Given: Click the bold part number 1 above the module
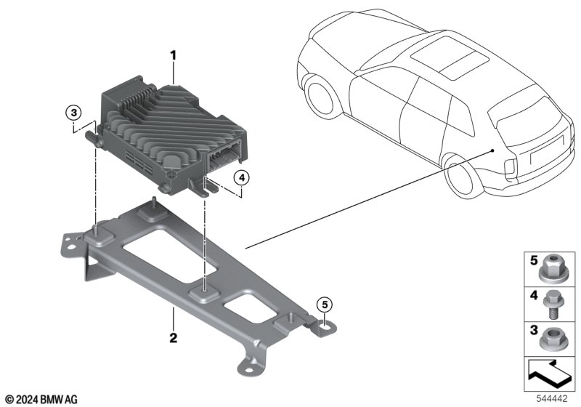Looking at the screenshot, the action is point(173,56).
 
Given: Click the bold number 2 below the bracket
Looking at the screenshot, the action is point(173,338).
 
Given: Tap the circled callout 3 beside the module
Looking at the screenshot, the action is point(74,112).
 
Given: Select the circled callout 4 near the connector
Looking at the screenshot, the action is point(242,178).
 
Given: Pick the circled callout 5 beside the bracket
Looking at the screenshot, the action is point(325,305).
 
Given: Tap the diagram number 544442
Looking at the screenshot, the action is point(552,398).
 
